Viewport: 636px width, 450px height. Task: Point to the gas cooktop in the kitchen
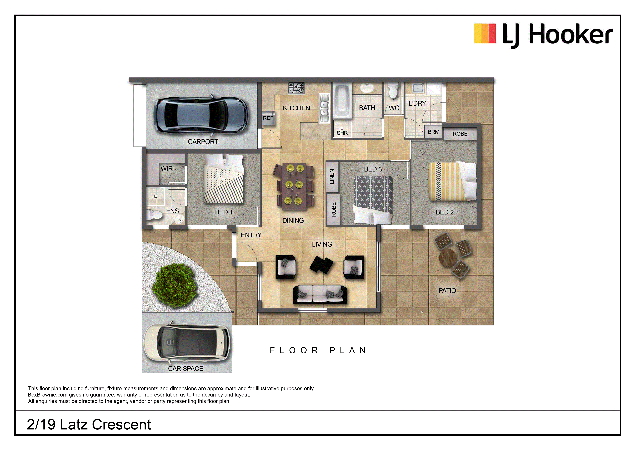[296, 88]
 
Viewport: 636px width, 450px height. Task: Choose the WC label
[394, 108]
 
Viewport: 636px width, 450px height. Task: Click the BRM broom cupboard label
[434, 132]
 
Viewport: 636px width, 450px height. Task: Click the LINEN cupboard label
[332, 177]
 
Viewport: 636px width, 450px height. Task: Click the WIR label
[167, 168]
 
